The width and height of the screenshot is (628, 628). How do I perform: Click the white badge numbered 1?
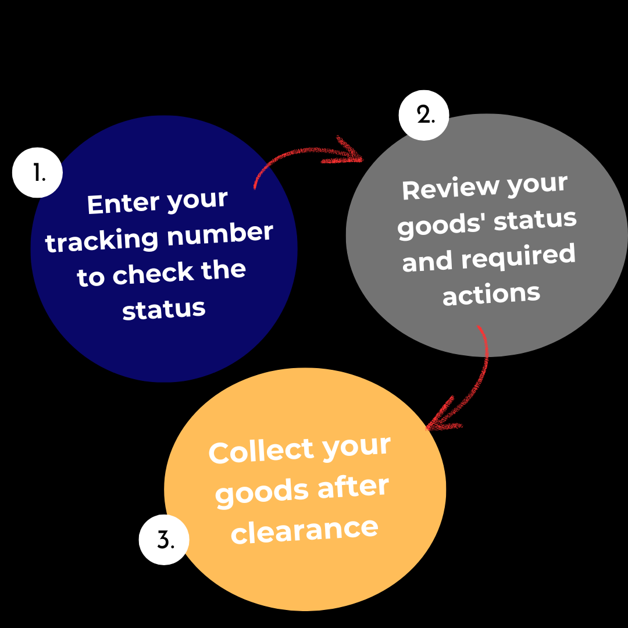38,173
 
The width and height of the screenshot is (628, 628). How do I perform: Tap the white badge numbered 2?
424,115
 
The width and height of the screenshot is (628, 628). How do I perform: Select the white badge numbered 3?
165,540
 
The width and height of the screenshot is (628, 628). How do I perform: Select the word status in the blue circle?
164,309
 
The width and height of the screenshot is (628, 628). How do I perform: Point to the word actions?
491,294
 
